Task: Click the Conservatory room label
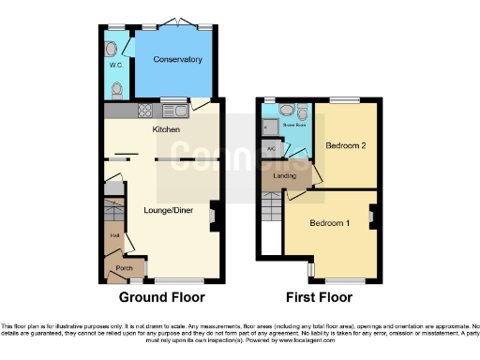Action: (x=178, y=60)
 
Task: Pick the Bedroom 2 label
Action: (x=344, y=147)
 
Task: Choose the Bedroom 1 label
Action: (x=329, y=223)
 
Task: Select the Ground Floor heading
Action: (x=162, y=298)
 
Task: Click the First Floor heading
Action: (x=320, y=298)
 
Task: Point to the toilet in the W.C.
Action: (x=116, y=89)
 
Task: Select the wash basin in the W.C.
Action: (x=112, y=47)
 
